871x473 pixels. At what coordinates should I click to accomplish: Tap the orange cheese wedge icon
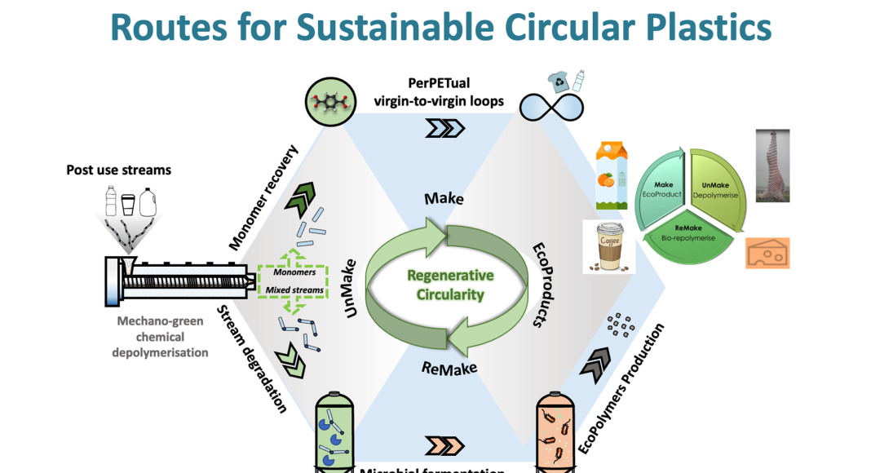[767, 253]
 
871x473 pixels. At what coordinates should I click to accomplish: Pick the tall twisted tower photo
[772, 168]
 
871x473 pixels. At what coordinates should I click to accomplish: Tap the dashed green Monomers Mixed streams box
[292, 282]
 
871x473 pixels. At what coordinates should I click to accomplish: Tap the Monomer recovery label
[264, 198]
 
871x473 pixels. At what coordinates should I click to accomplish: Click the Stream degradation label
[253, 359]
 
